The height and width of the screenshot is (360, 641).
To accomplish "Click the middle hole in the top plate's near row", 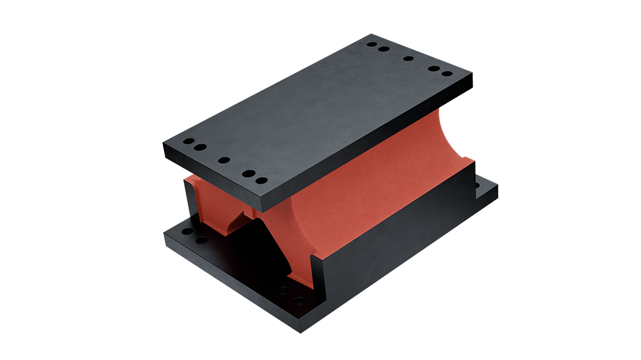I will (x=223, y=160).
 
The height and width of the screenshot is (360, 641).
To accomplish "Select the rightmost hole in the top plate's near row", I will (x=262, y=181).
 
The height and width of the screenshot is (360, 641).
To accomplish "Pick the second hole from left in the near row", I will (x=200, y=148).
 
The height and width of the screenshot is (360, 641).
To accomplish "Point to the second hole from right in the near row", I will (x=248, y=173).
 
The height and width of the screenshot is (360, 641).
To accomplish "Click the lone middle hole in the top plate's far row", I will (x=408, y=59).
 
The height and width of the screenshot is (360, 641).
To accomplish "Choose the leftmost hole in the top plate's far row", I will (x=372, y=44).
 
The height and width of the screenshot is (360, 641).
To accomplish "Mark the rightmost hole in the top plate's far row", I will (x=446, y=74).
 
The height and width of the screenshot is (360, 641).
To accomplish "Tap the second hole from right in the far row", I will (x=433, y=68).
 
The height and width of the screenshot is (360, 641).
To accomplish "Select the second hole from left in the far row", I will (x=384, y=49).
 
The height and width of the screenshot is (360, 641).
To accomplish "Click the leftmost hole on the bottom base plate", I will (x=187, y=232).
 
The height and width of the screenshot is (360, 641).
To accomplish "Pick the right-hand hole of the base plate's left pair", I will (x=202, y=240).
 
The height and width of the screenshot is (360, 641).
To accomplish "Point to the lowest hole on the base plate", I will (x=299, y=301).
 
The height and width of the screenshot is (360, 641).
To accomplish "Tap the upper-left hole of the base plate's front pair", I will (x=284, y=291).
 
